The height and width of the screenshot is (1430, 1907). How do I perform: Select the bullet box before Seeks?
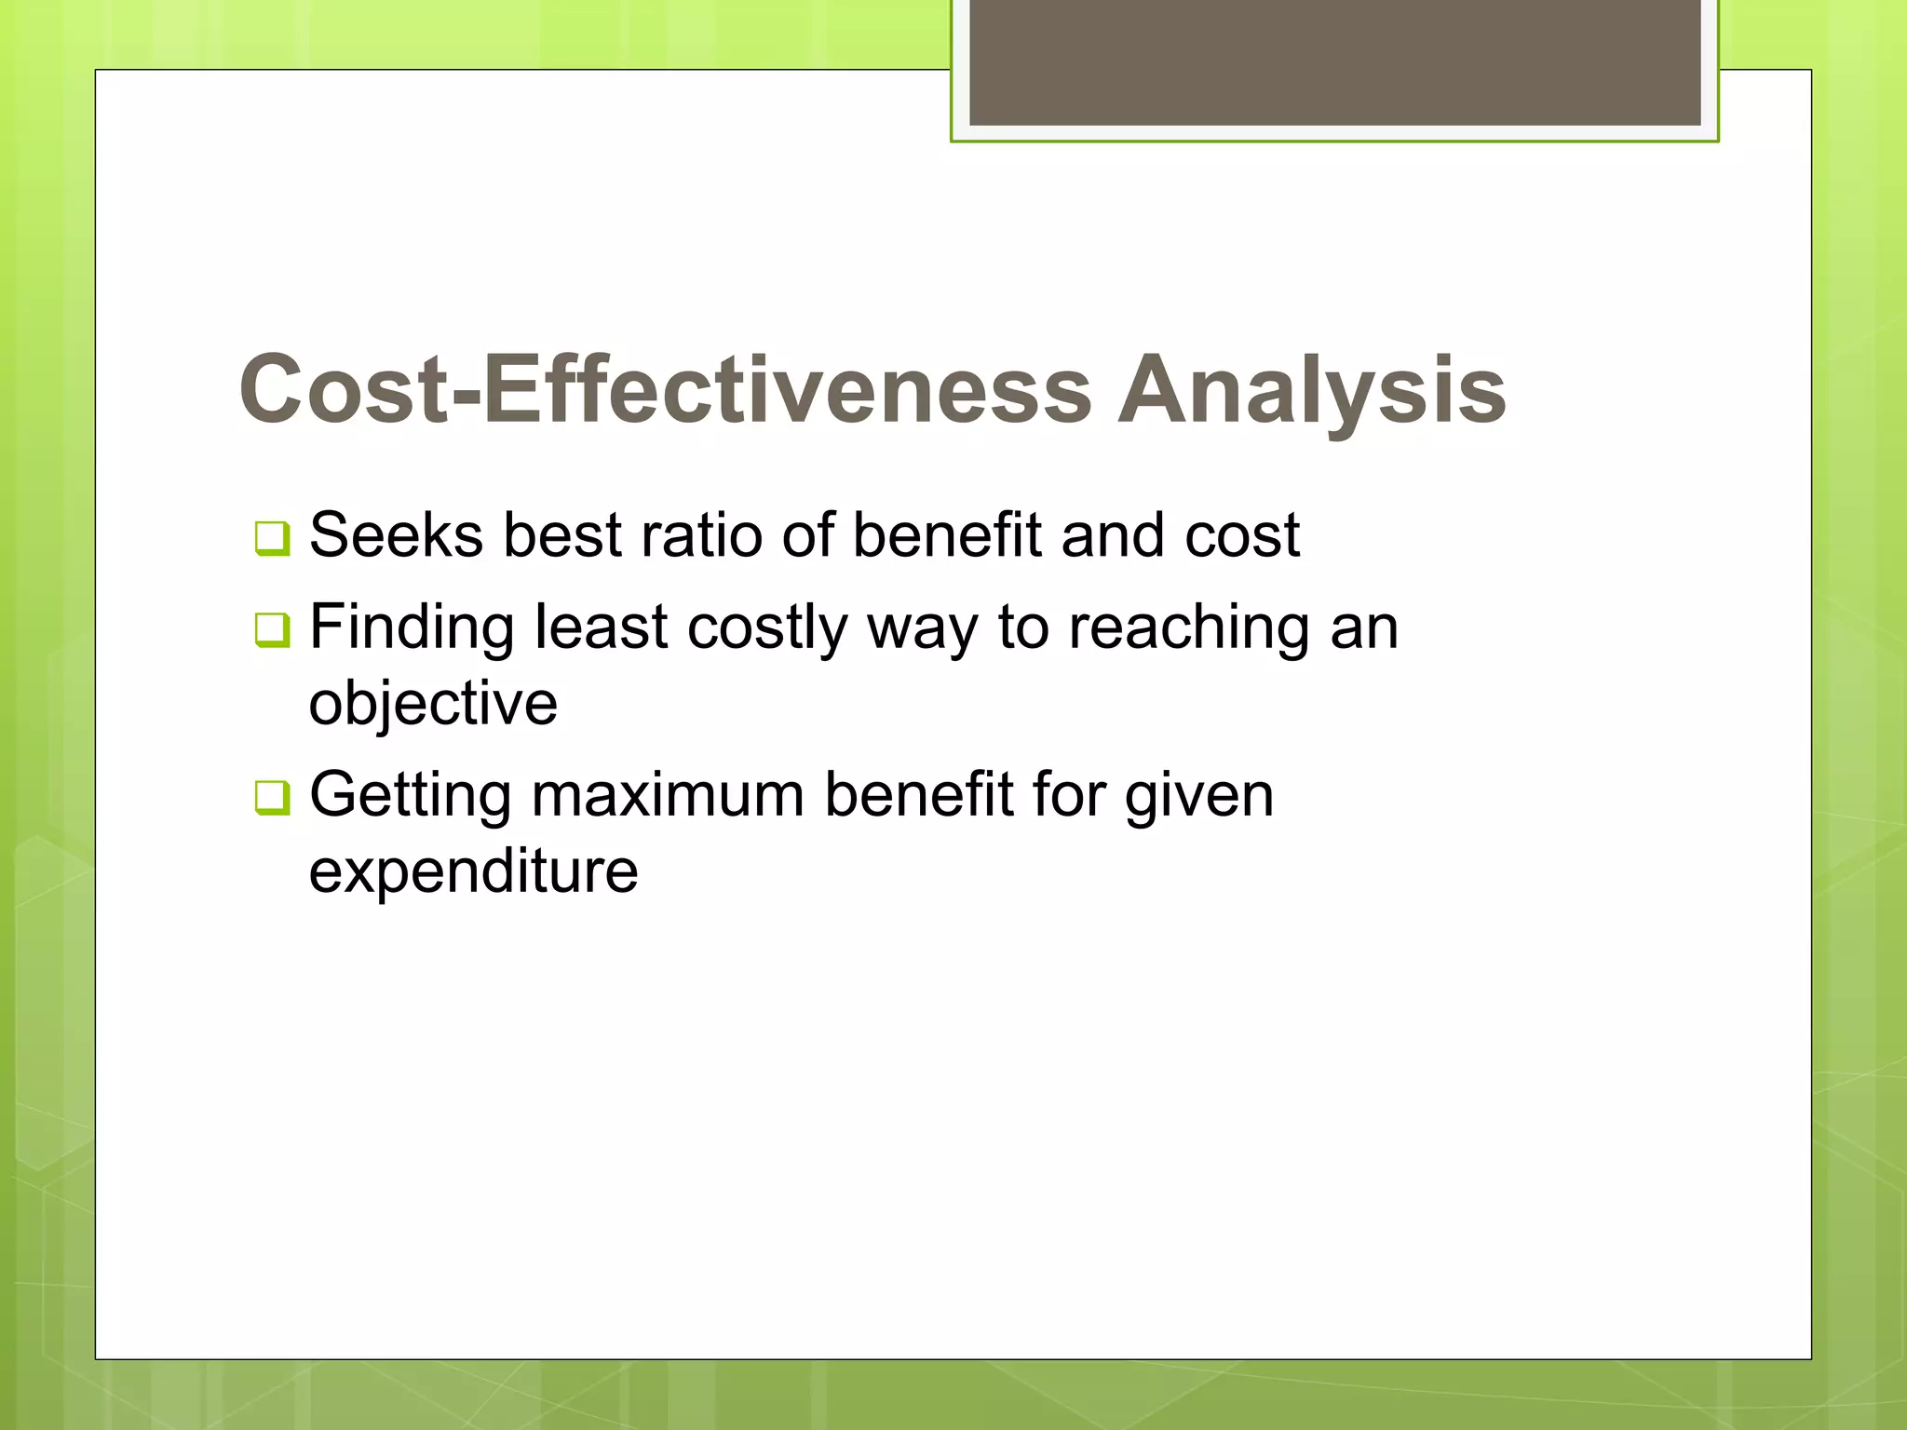(x=272, y=538)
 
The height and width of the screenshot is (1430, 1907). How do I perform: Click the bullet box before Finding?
(x=272, y=630)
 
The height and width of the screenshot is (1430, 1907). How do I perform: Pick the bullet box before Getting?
(x=272, y=798)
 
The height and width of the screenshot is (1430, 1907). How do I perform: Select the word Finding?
(x=411, y=627)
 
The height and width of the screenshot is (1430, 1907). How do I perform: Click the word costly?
(x=766, y=629)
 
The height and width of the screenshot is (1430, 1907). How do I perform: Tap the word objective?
(x=433, y=704)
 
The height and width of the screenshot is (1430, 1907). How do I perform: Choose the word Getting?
(x=411, y=797)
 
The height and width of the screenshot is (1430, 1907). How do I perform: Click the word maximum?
(x=668, y=797)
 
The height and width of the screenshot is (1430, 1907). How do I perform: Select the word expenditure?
(x=473, y=871)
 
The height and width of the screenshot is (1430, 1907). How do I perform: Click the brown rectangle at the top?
(x=1334, y=61)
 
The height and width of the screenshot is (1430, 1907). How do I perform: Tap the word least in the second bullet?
(x=601, y=627)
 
